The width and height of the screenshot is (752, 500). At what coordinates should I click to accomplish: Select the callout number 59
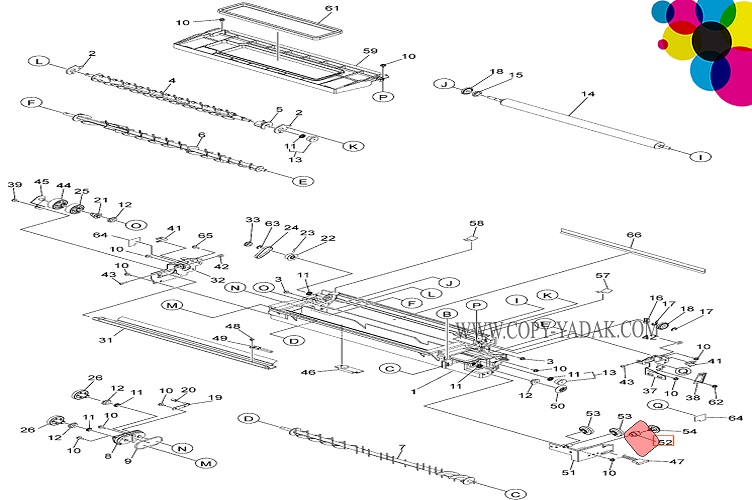point(369,50)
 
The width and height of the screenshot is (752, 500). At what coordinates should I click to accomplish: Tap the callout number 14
point(588,95)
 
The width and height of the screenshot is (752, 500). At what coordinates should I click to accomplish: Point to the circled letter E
point(303,181)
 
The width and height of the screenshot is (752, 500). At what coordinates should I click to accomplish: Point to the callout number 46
point(309,372)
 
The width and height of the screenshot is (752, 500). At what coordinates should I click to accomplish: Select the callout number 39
point(14,185)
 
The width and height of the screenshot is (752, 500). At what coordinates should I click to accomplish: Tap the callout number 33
point(253,220)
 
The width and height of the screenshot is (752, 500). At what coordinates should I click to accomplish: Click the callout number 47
point(677,461)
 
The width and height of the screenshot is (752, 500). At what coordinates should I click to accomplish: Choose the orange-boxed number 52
point(665,440)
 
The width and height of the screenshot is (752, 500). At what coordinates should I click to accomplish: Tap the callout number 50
point(558,405)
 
